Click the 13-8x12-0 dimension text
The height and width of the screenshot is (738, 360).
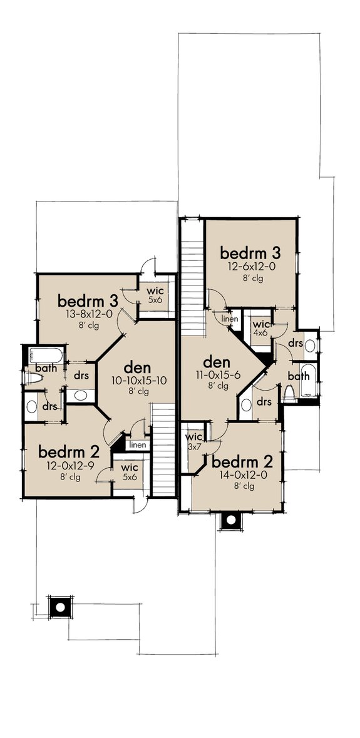(85, 315)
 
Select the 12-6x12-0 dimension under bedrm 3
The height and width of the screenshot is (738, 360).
(249, 267)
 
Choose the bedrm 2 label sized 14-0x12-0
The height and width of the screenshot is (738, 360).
(242, 463)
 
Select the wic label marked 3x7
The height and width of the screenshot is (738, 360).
(195, 436)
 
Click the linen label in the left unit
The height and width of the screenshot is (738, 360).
(137, 445)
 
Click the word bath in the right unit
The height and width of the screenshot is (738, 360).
(299, 376)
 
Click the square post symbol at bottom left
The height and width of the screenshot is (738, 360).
(59, 606)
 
